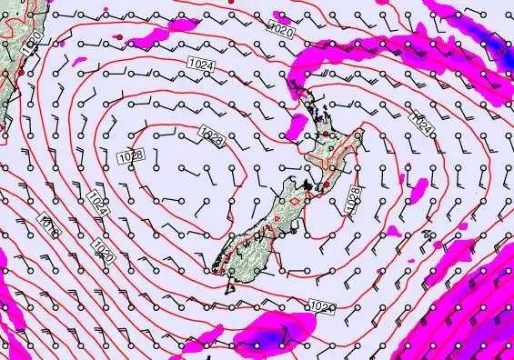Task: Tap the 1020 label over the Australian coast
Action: [30, 41]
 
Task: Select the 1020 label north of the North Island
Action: [282, 30]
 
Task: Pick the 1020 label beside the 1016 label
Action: [103, 249]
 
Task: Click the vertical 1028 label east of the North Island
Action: [353, 199]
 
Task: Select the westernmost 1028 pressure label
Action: [131, 156]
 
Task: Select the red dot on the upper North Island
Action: [323, 135]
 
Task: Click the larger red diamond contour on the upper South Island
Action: [296, 201]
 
